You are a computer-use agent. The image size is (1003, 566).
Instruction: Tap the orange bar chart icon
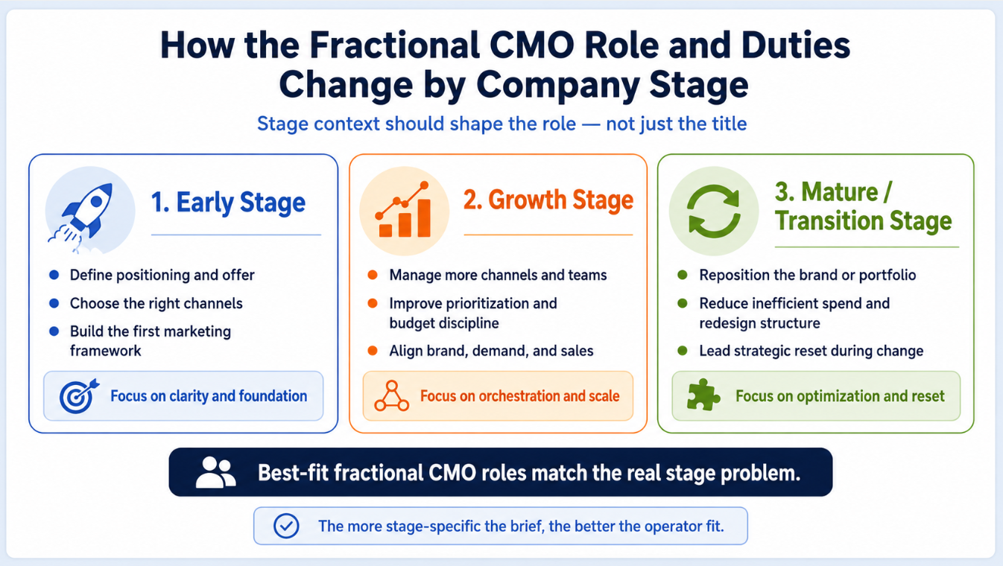[x=403, y=209]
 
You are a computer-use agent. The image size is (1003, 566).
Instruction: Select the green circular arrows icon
[x=714, y=211]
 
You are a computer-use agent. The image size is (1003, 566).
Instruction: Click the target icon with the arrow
[x=79, y=396]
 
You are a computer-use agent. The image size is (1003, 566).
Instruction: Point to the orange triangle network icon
[x=392, y=396]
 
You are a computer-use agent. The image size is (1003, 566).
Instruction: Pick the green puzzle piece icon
[x=703, y=395]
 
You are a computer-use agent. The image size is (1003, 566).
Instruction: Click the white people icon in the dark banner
[x=215, y=472]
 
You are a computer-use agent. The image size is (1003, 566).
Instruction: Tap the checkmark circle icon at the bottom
[x=286, y=526]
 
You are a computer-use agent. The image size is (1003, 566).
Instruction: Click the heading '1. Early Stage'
[x=228, y=203]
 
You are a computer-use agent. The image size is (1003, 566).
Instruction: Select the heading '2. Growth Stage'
[x=548, y=200]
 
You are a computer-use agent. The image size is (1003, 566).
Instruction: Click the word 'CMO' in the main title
[x=531, y=45]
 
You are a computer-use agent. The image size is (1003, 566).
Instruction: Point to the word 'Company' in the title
[x=557, y=85]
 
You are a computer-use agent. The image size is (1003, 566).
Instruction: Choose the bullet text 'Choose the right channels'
[x=156, y=303]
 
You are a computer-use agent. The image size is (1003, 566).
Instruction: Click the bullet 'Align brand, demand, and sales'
[x=491, y=351]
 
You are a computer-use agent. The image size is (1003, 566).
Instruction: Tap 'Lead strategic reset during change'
[x=811, y=351]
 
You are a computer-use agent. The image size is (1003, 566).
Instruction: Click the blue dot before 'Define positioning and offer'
[x=54, y=275]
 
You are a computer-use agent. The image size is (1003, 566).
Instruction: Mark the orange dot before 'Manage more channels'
[x=373, y=275]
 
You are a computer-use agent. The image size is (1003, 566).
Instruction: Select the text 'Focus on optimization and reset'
[x=840, y=396]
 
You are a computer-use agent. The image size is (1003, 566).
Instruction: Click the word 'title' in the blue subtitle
[x=728, y=124]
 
